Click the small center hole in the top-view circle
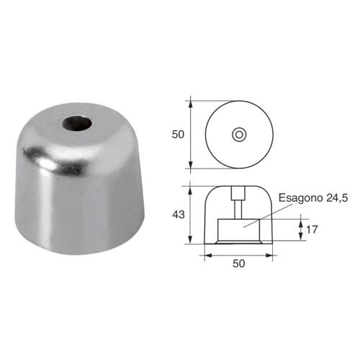[239, 134]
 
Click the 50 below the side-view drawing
[239, 264]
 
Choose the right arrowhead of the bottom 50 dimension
[271, 254]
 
